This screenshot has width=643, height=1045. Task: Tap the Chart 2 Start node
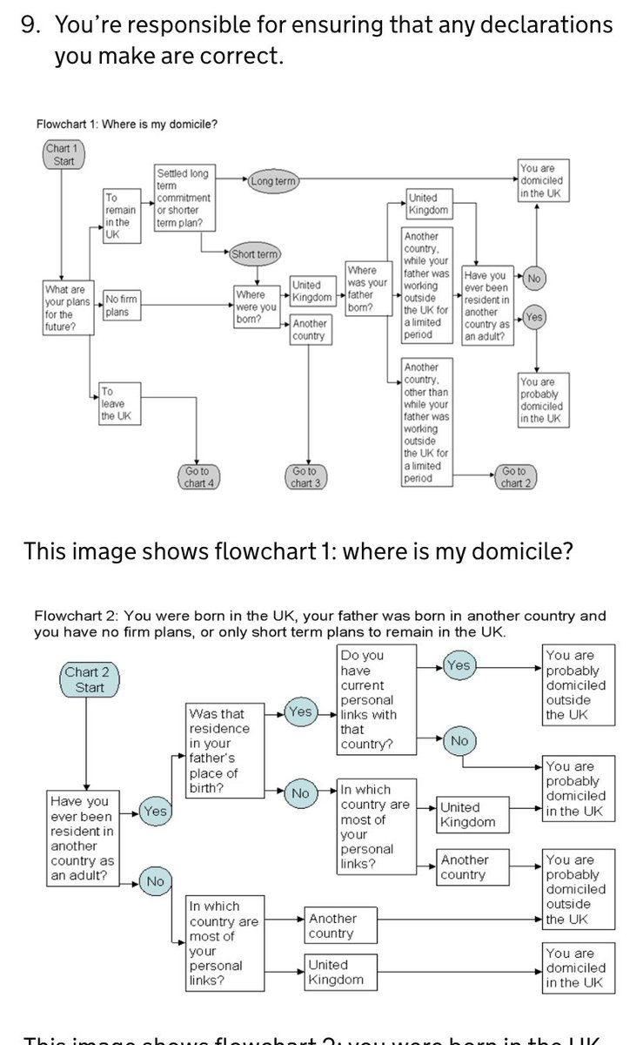pyautogui.click(x=90, y=680)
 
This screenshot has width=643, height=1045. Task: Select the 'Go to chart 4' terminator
pyautogui.click(x=198, y=477)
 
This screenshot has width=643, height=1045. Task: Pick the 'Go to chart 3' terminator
pyautogui.click(x=303, y=477)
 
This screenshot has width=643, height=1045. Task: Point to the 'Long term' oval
pyautogui.click(x=272, y=181)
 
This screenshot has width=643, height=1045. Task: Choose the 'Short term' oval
pyautogui.click(x=254, y=254)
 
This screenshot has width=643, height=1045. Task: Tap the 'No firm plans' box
pyautogui.click(x=120, y=307)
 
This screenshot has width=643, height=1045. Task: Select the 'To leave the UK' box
pyautogui.click(x=116, y=405)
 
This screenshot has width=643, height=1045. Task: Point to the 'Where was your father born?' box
pyautogui.click(x=366, y=289)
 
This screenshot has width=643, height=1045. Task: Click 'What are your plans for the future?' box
pyautogui.click(x=68, y=307)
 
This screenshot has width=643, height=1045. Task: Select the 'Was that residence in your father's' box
pyautogui.click(x=225, y=751)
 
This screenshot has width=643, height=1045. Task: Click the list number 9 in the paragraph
pyautogui.click(x=30, y=26)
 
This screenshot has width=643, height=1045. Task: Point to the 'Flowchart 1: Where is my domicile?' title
pyautogui.click(x=127, y=124)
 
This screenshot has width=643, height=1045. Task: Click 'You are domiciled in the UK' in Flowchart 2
pyautogui.click(x=578, y=967)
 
